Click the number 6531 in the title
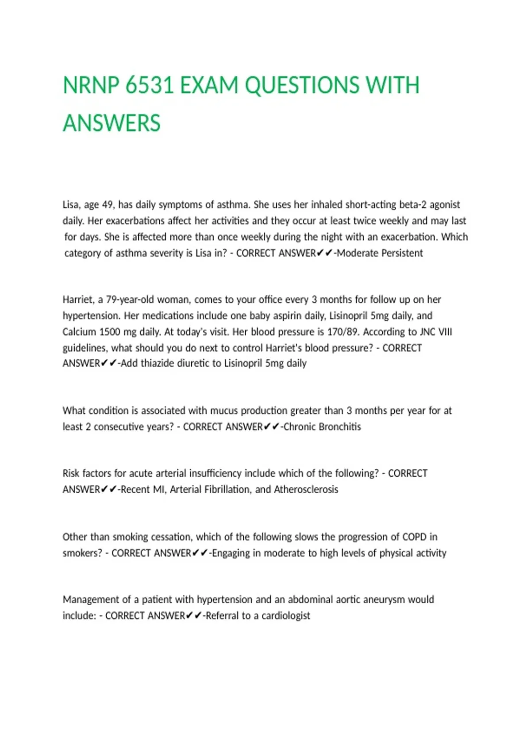tap(149, 85)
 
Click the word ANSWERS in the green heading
tap(112, 123)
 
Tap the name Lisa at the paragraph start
tap(70, 204)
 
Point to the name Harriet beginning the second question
tap(78, 299)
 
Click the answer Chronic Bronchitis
tap(322, 427)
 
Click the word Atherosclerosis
tap(306, 489)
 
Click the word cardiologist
tap(286, 615)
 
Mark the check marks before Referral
tap(194, 615)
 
